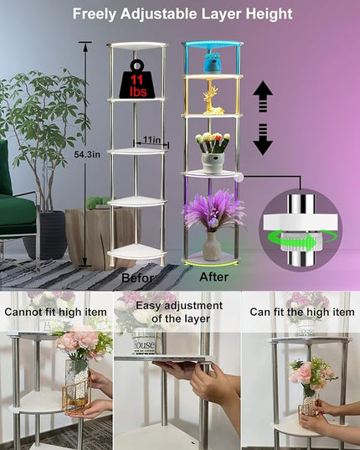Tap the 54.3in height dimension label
point(87,154)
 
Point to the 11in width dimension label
point(152,140)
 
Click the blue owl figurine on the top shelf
point(213,63)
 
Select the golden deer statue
point(213,98)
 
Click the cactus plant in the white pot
point(213,153)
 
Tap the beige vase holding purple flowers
point(212,246)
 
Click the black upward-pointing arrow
point(263,96)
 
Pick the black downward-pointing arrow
point(263,139)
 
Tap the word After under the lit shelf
point(214,277)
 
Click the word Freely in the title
point(94,14)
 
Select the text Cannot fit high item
point(55,312)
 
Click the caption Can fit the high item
point(302,312)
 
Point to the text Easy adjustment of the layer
point(179,312)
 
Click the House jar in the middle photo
point(144,342)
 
